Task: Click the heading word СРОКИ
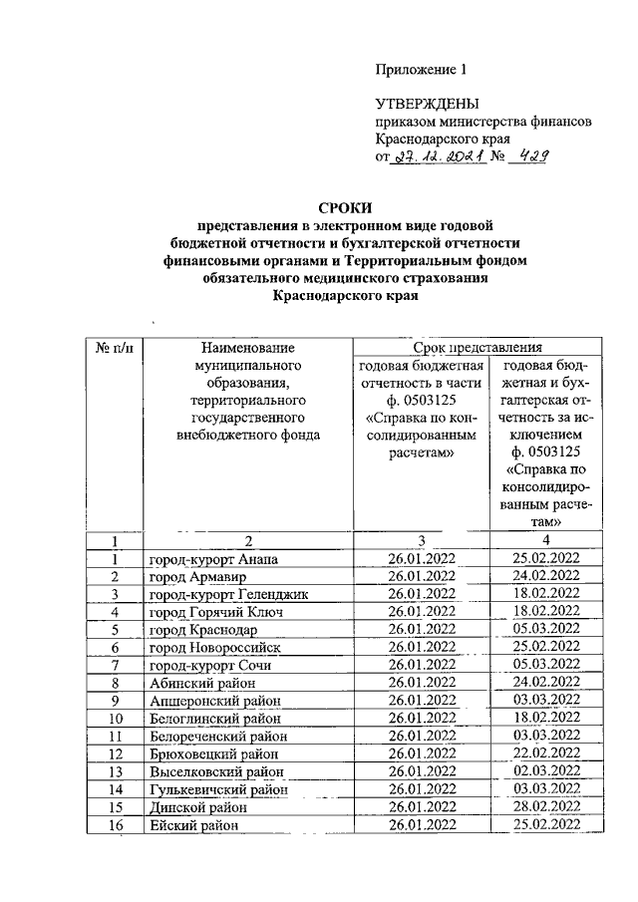tap(345, 208)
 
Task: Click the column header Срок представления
tap(478, 348)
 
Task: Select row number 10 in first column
tap(116, 719)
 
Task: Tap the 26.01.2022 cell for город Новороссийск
tap(421, 648)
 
